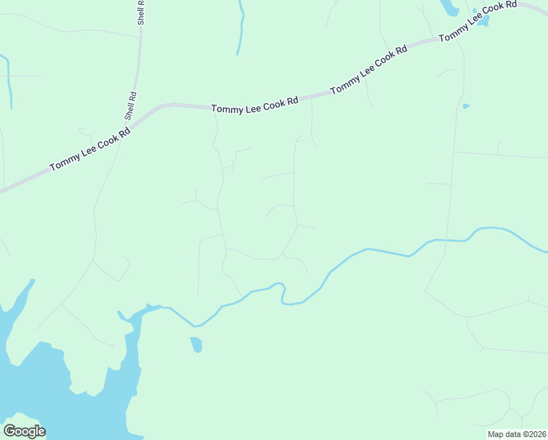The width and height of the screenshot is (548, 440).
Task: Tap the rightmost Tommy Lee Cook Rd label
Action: [478, 22]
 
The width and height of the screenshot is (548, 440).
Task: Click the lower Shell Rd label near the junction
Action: [130, 106]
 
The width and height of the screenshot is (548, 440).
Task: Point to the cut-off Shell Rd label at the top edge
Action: [141, 12]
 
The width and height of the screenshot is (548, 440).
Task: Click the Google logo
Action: [24, 431]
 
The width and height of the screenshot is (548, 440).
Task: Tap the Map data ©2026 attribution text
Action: [516, 434]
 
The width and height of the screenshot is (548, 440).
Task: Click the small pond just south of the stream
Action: [196, 344]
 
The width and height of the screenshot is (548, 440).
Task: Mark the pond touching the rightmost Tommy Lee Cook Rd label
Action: [483, 18]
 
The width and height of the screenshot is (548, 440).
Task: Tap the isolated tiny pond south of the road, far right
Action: [466, 106]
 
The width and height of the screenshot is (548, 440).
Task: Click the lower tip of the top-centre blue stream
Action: [237, 54]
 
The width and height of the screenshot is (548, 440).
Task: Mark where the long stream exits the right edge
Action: [544, 252]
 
